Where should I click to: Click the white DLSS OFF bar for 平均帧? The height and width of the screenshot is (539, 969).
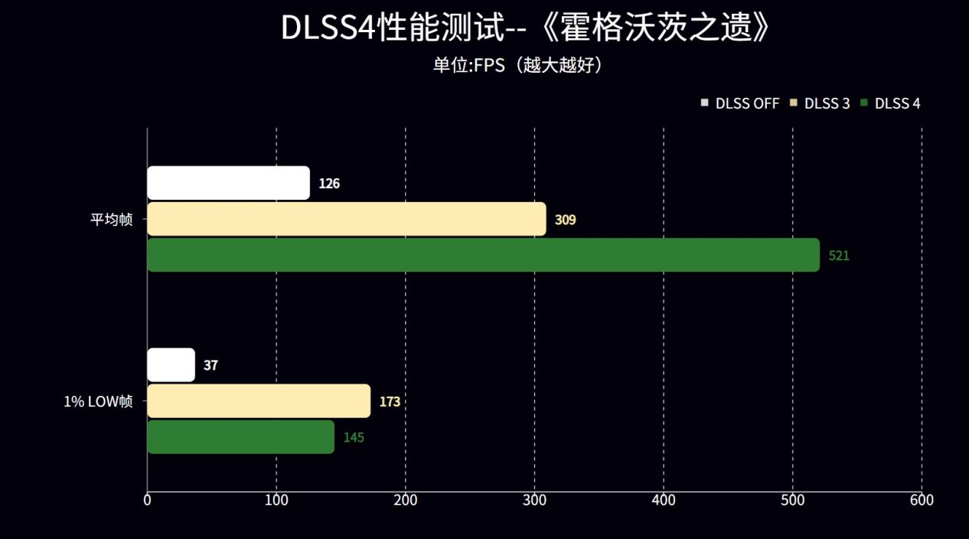[x=228, y=183]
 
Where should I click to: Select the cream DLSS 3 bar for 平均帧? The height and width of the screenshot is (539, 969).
[x=346, y=219]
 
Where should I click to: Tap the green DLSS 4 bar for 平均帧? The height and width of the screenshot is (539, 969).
[x=483, y=255]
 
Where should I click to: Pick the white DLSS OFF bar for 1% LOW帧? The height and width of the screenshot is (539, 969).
[x=171, y=365]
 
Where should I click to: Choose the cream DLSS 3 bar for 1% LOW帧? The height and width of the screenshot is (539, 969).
[x=259, y=401]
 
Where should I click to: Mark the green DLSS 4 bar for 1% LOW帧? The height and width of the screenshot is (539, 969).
[x=240, y=437]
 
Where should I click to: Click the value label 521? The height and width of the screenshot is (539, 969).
[x=839, y=256]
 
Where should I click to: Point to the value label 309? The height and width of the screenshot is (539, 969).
[x=565, y=220]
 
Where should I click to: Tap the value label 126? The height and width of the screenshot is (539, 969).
[x=329, y=184]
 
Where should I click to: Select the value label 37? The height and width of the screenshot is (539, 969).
[x=210, y=366]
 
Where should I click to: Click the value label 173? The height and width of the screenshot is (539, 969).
[x=390, y=402]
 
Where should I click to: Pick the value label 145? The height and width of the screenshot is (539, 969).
[x=354, y=438]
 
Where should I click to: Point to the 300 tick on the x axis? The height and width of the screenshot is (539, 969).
[x=534, y=500]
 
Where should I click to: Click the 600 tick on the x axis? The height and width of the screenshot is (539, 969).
[x=922, y=500]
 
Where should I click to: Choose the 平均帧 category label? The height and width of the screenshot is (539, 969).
[x=112, y=220]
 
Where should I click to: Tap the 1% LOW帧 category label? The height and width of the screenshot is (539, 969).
[x=98, y=401]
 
